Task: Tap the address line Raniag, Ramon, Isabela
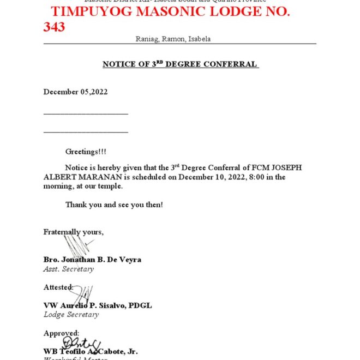tap(173, 39)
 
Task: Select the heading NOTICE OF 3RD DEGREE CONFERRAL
tap(180, 64)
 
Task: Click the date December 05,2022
tap(75, 92)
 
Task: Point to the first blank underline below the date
tap(86, 113)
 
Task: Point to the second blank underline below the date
tap(86, 131)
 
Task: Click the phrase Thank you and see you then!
tap(114, 205)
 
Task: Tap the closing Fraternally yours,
tap(74, 232)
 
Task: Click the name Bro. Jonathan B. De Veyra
tap(92, 260)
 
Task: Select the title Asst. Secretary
tap(68, 269)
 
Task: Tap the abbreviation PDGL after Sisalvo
tap(140, 305)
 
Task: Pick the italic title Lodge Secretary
tap(71, 315)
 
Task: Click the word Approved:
tap(61, 333)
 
